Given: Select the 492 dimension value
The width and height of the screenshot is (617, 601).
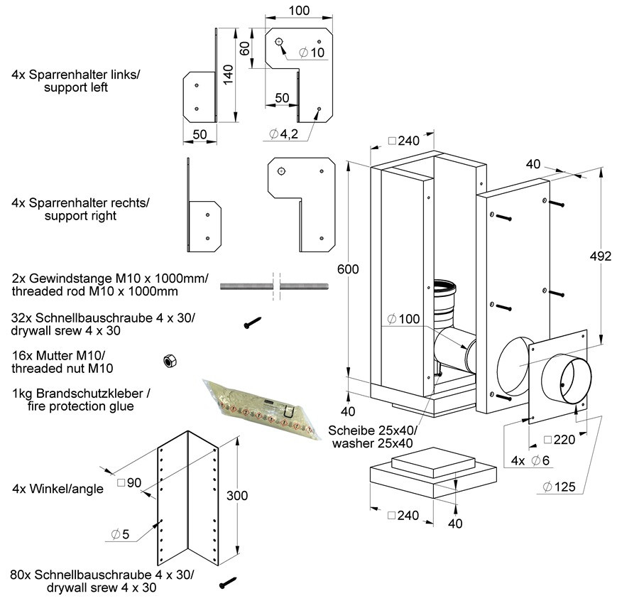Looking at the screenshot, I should (x=601, y=256).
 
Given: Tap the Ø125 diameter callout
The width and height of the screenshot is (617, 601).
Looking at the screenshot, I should (x=559, y=487).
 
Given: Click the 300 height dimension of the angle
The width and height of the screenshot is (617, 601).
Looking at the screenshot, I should (x=239, y=495).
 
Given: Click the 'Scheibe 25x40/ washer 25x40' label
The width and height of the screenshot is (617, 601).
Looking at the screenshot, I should (x=371, y=437).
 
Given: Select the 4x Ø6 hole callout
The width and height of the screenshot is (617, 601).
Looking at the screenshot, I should (x=530, y=460).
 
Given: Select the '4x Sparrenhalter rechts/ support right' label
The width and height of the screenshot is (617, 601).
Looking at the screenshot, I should (x=81, y=209).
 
